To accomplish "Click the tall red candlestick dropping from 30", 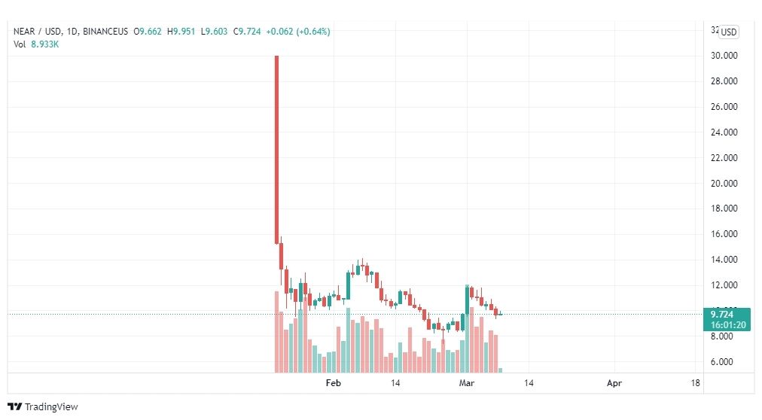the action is [x=276, y=150].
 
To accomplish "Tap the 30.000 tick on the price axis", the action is [x=724, y=56].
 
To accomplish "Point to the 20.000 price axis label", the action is [x=724, y=184].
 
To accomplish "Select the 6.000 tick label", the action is [x=721, y=362].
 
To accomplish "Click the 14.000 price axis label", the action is [x=724, y=260].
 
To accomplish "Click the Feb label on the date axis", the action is [x=334, y=383].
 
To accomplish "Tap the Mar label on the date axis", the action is [x=467, y=383].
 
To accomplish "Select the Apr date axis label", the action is [x=614, y=383].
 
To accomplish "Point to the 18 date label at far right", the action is [x=696, y=383].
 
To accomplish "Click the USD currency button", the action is [x=728, y=32].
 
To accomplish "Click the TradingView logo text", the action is [x=51, y=407].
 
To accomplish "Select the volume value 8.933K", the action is [x=44, y=44].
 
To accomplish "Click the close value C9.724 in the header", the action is [x=247, y=32].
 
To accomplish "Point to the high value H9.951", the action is [x=181, y=32].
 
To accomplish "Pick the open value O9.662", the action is [x=148, y=32].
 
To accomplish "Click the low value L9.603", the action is [x=215, y=32].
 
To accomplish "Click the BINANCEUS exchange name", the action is [x=105, y=32].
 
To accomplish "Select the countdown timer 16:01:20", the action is [x=728, y=325].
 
